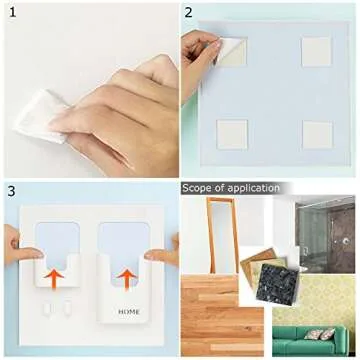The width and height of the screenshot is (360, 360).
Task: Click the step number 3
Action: (11, 190)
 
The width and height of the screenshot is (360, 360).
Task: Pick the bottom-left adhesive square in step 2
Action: (233, 134)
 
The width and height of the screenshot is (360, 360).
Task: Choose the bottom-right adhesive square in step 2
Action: (318, 135)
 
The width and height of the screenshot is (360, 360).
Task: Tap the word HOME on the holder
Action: (129, 312)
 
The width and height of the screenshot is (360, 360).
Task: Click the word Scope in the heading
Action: (198, 188)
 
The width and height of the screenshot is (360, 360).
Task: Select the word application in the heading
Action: (254, 188)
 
